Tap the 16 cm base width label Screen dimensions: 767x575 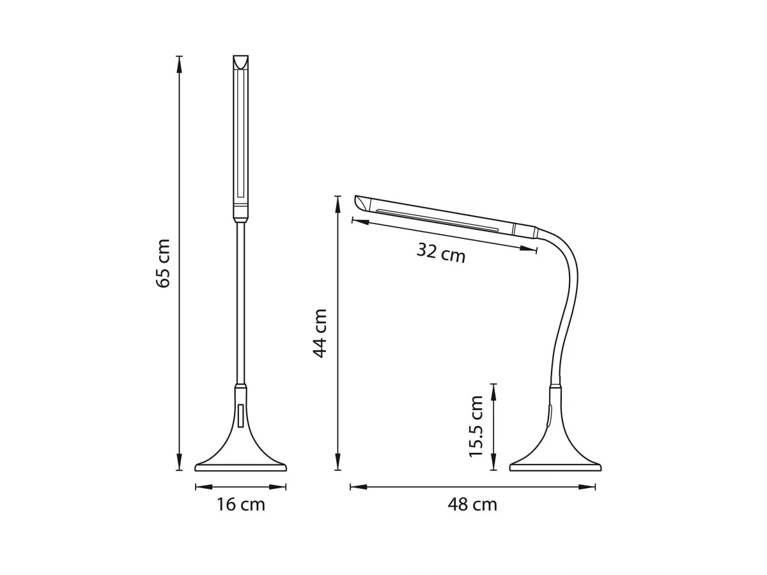click(241, 505)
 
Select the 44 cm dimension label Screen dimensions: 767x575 click(320, 333)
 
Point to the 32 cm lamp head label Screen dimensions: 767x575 click(441, 253)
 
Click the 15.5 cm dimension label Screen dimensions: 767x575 click(476, 426)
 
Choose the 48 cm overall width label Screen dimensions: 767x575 click(472, 505)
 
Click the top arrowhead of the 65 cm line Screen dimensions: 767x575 click(179, 65)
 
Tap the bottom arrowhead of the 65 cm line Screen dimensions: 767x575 click(179, 461)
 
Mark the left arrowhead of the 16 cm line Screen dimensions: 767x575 click(204, 487)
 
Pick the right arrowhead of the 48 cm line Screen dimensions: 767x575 click(587, 487)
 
